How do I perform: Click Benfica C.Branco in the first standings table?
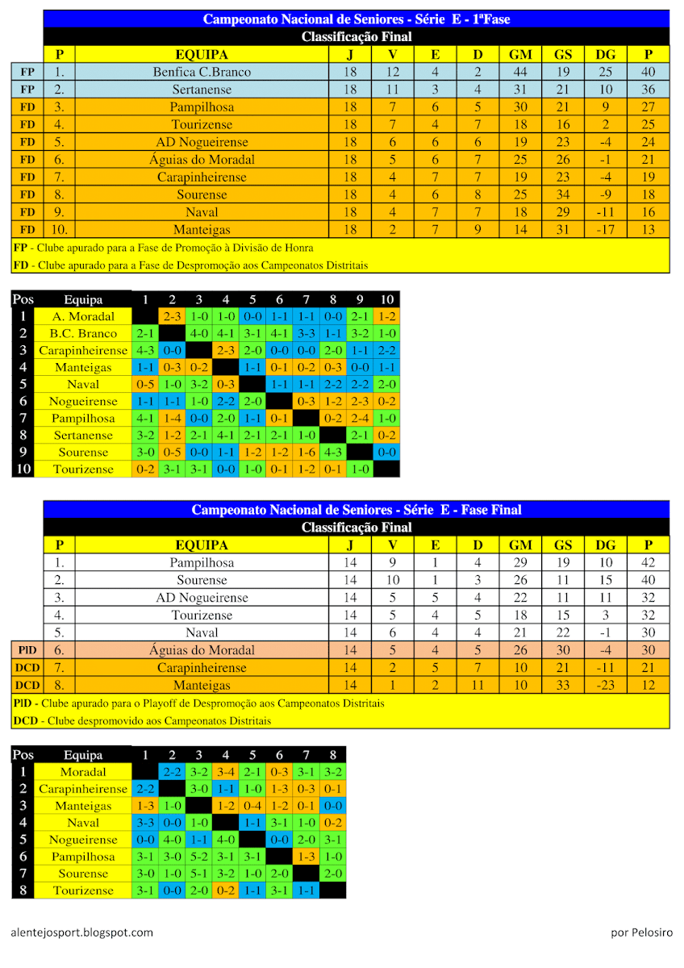click(x=202, y=72)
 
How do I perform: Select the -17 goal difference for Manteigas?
click(x=605, y=230)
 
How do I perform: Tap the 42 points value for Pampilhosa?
click(x=648, y=562)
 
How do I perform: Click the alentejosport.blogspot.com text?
click(x=82, y=933)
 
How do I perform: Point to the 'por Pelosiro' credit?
click(x=641, y=933)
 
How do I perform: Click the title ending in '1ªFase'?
click(x=357, y=19)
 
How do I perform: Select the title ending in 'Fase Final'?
click(x=357, y=510)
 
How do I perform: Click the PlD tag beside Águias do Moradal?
click(x=27, y=650)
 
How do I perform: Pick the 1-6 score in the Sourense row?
click(x=307, y=453)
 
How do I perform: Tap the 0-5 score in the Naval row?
click(x=145, y=385)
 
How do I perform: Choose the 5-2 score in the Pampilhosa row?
click(x=199, y=857)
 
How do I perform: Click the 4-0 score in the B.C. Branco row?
click(x=199, y=334)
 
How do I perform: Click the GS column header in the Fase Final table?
click(x=563, y=545)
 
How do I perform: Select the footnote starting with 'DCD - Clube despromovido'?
click(x=142, y=720)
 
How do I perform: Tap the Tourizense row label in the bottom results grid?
click(x=83, y=891)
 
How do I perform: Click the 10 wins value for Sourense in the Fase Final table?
click(x=393, y=580)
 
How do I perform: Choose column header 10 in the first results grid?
click(x=386, y=300)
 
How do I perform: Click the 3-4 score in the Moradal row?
click(x=226, y=772)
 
